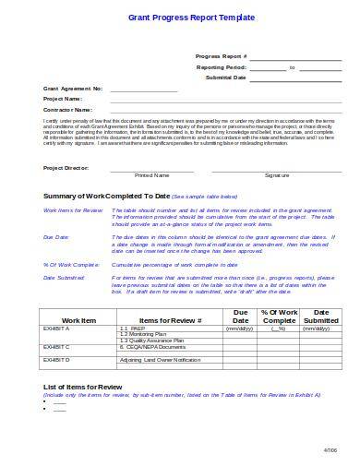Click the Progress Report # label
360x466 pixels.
pos(222,56)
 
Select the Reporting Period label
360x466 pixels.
pos(219,67)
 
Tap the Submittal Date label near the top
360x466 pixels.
pos(225,78)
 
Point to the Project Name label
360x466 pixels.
pos(63,99)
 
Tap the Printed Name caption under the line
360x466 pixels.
pos(151,174)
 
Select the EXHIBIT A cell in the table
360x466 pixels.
pos(57,329)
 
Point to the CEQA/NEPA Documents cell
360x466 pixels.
pos(153,348)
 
